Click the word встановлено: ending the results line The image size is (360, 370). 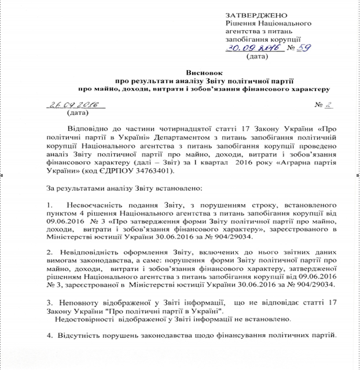point(177,188)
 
